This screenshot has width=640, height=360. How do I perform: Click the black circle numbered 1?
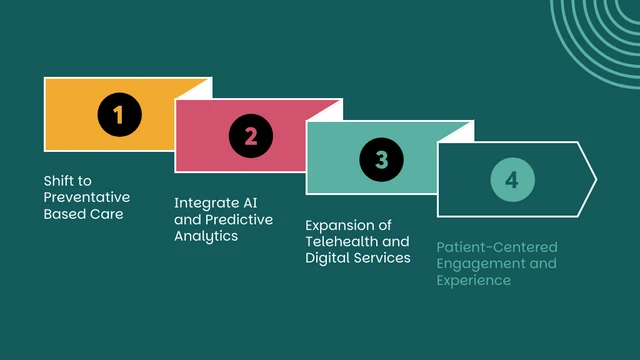point(119,114)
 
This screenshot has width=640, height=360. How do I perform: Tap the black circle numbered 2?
point(250,136)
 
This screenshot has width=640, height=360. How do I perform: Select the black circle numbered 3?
point(381,158)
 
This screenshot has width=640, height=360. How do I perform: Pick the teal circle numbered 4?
point(512,180)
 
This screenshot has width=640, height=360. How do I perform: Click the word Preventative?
point(86,198)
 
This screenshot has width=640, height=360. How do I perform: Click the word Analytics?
point(206,237)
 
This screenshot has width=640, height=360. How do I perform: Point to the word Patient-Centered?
point(497,246)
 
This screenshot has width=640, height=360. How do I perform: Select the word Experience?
point(474,280)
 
